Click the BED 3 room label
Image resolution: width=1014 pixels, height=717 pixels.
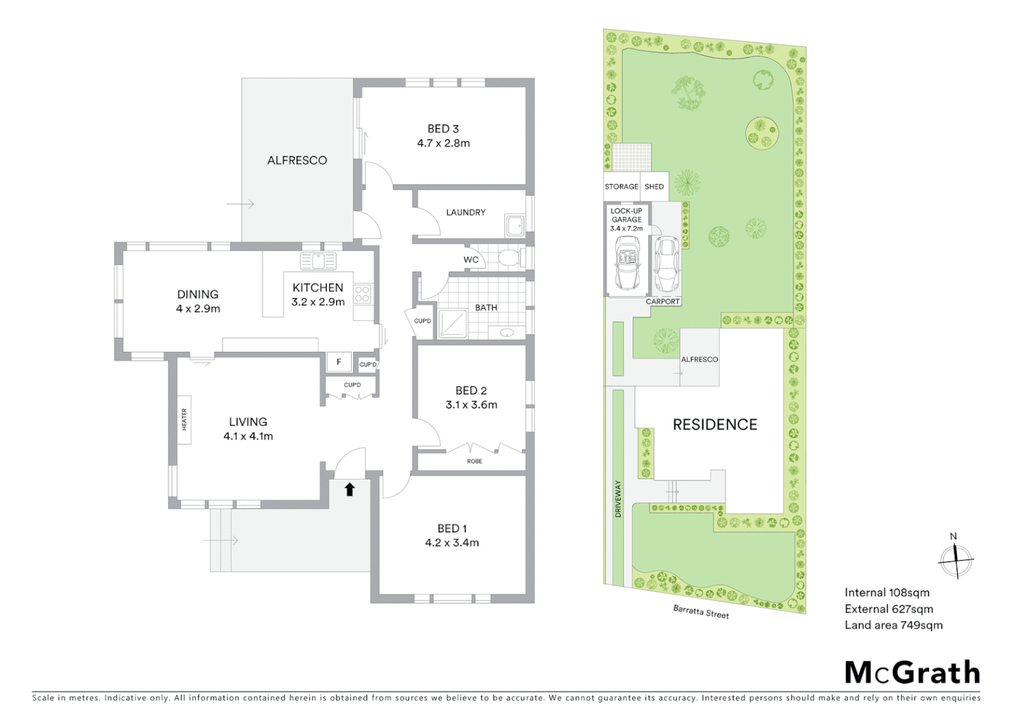(x=443, y=135)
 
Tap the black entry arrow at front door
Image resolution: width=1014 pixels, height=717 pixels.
(x=350, y=489)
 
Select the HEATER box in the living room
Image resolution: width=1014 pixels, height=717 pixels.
(x=184, y=420)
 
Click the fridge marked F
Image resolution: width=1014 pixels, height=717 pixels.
(x=339, y=362)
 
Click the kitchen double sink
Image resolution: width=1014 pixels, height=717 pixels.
(x=319, y=261)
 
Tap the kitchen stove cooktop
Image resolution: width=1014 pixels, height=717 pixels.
(x=362, y=293)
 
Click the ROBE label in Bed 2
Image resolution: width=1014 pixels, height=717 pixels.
(x=474, y=461)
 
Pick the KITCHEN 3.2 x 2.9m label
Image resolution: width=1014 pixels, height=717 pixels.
(x=318, y=294)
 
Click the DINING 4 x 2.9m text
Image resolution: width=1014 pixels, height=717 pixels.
(x=198, y=301)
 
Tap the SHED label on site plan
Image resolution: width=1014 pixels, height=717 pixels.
(x=654, y=187)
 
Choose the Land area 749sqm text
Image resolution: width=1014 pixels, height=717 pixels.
(x=893, y=625)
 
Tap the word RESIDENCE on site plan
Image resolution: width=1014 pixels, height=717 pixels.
(x=715, y=424)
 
